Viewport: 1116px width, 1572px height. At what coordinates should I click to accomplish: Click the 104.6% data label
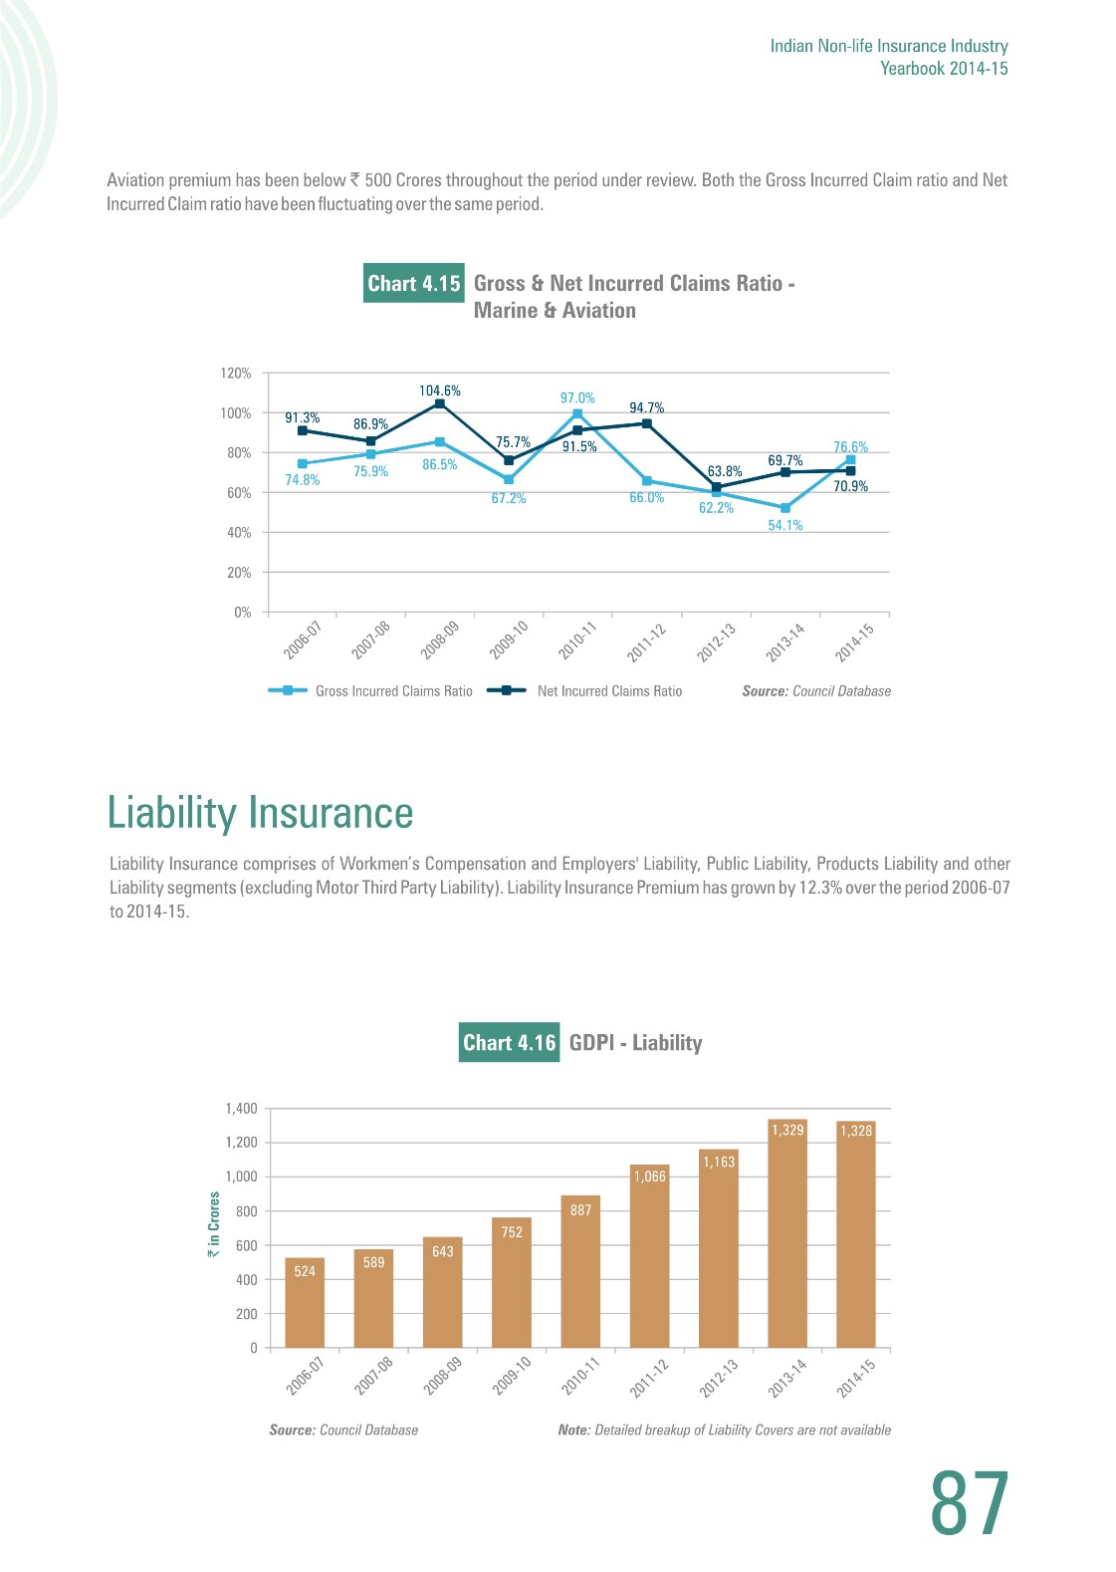(x=440, y=391)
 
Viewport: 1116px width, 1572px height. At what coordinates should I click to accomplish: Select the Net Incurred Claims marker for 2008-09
(x=440, y=403)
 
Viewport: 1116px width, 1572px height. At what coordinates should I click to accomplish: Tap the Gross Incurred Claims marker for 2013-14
(x=785, y=508)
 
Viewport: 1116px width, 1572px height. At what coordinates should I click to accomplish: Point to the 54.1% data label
(x=785, y=525)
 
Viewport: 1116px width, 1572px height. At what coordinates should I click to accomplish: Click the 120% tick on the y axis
(x=236, y=373)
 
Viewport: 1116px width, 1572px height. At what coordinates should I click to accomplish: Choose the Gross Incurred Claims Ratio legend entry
(x=370, y=690)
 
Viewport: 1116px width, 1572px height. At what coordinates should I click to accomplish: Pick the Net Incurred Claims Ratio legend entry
(x=585, y=690)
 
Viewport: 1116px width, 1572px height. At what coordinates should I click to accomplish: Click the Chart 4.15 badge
(x=414, y=283)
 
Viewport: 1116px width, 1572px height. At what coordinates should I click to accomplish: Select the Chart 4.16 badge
(x=509, y=1042)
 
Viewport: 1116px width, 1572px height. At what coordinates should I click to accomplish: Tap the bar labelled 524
(x=305, y=1303)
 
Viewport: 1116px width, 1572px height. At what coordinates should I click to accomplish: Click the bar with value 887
(x=580, y=1272)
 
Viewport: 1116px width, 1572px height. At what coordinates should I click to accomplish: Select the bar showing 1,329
(x=787, y=1233)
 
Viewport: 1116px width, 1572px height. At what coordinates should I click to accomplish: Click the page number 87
(x=970, y=1504)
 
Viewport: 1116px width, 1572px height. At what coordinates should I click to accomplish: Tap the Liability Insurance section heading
(x=260, y=812)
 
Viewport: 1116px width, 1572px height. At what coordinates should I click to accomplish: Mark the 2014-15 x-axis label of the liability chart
(x=856, y=1379)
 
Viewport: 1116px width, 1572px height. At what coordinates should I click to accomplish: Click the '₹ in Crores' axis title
(x=213, y=1225)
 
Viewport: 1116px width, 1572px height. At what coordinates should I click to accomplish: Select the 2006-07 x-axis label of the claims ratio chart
(x=303, y=640)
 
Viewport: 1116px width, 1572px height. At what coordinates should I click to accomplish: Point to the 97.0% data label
(x=577, y=397)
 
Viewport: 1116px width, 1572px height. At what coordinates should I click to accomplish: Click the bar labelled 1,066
(x=649, y=1256)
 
